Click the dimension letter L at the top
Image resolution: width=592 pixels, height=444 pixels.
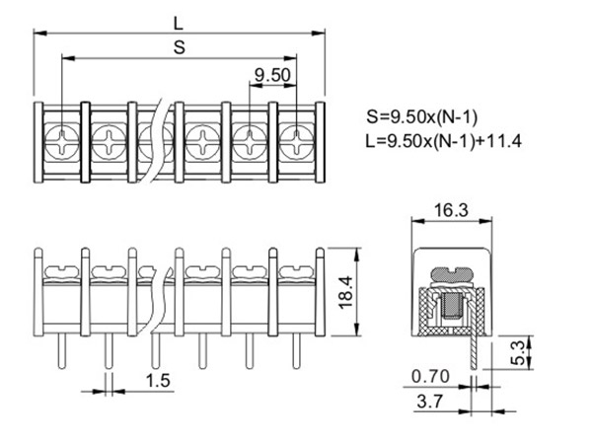(x=178, y=24)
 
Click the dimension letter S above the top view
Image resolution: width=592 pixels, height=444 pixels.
(x=180, y=48)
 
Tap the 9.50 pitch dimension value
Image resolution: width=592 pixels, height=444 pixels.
(x=272, y=75)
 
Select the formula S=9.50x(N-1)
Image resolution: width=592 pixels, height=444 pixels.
(x=421, y=117)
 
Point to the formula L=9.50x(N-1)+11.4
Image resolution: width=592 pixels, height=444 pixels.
(x=444, y=141)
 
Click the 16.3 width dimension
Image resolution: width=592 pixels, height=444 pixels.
(x=451, y=210)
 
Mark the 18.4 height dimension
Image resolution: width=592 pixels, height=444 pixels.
(x=346, y=293)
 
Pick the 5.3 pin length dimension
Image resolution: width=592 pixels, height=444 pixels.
(x=520, y=352)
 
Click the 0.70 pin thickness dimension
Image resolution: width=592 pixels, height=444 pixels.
(x=430, y=377)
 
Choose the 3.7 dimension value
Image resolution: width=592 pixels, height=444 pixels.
(x=429, y=401)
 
